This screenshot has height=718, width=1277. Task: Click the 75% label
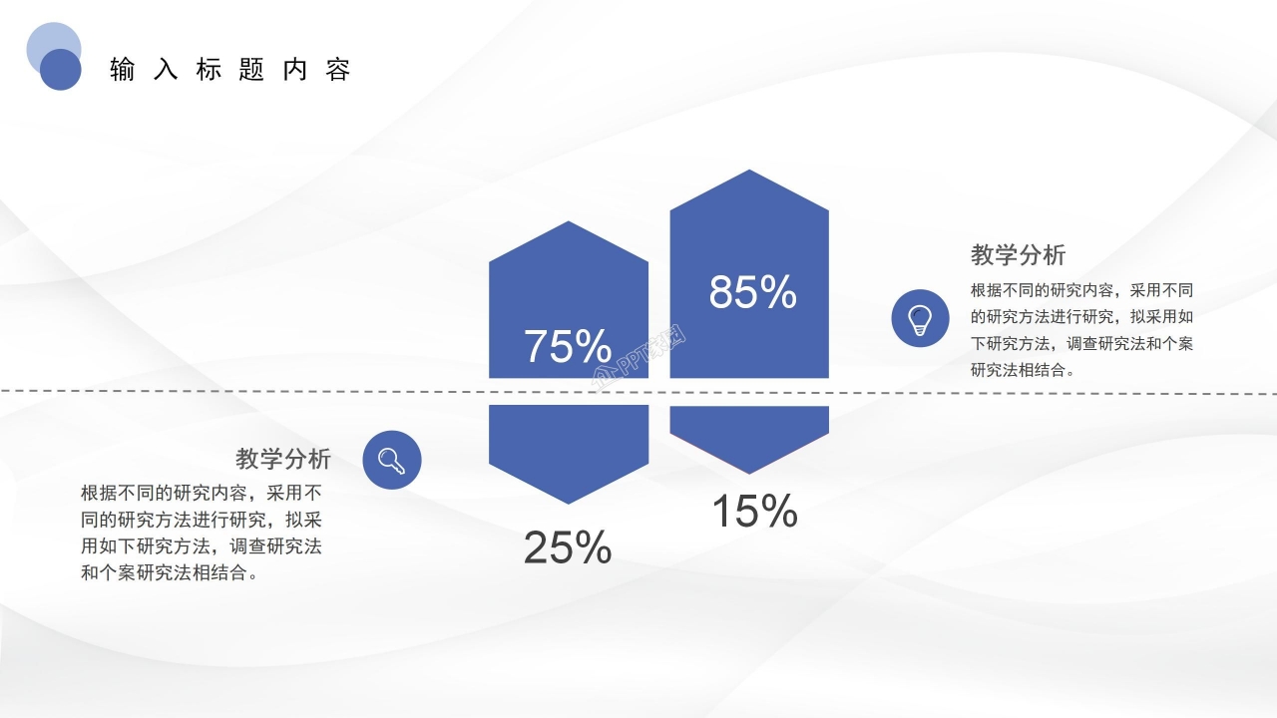point(567,346)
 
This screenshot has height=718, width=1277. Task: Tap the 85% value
point(752,292)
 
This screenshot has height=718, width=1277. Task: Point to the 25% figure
point(567,547)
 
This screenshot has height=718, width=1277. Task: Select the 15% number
point(753,512)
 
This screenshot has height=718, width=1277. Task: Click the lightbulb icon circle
point(920,318)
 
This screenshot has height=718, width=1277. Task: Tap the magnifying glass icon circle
point(392,460)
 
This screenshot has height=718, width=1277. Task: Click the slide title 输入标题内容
point(230,70)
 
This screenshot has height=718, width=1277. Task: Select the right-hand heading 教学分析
point(1018,254)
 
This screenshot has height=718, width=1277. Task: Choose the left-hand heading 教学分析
point(283,459)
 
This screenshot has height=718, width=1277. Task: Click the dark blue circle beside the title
point(61,69)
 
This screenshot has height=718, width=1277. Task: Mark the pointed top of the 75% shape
point(569,224)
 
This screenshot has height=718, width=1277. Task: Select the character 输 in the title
point(123,70)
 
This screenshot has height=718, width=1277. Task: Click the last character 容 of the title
point(338,70)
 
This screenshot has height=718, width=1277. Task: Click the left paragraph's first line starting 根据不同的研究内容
point(201,493)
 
